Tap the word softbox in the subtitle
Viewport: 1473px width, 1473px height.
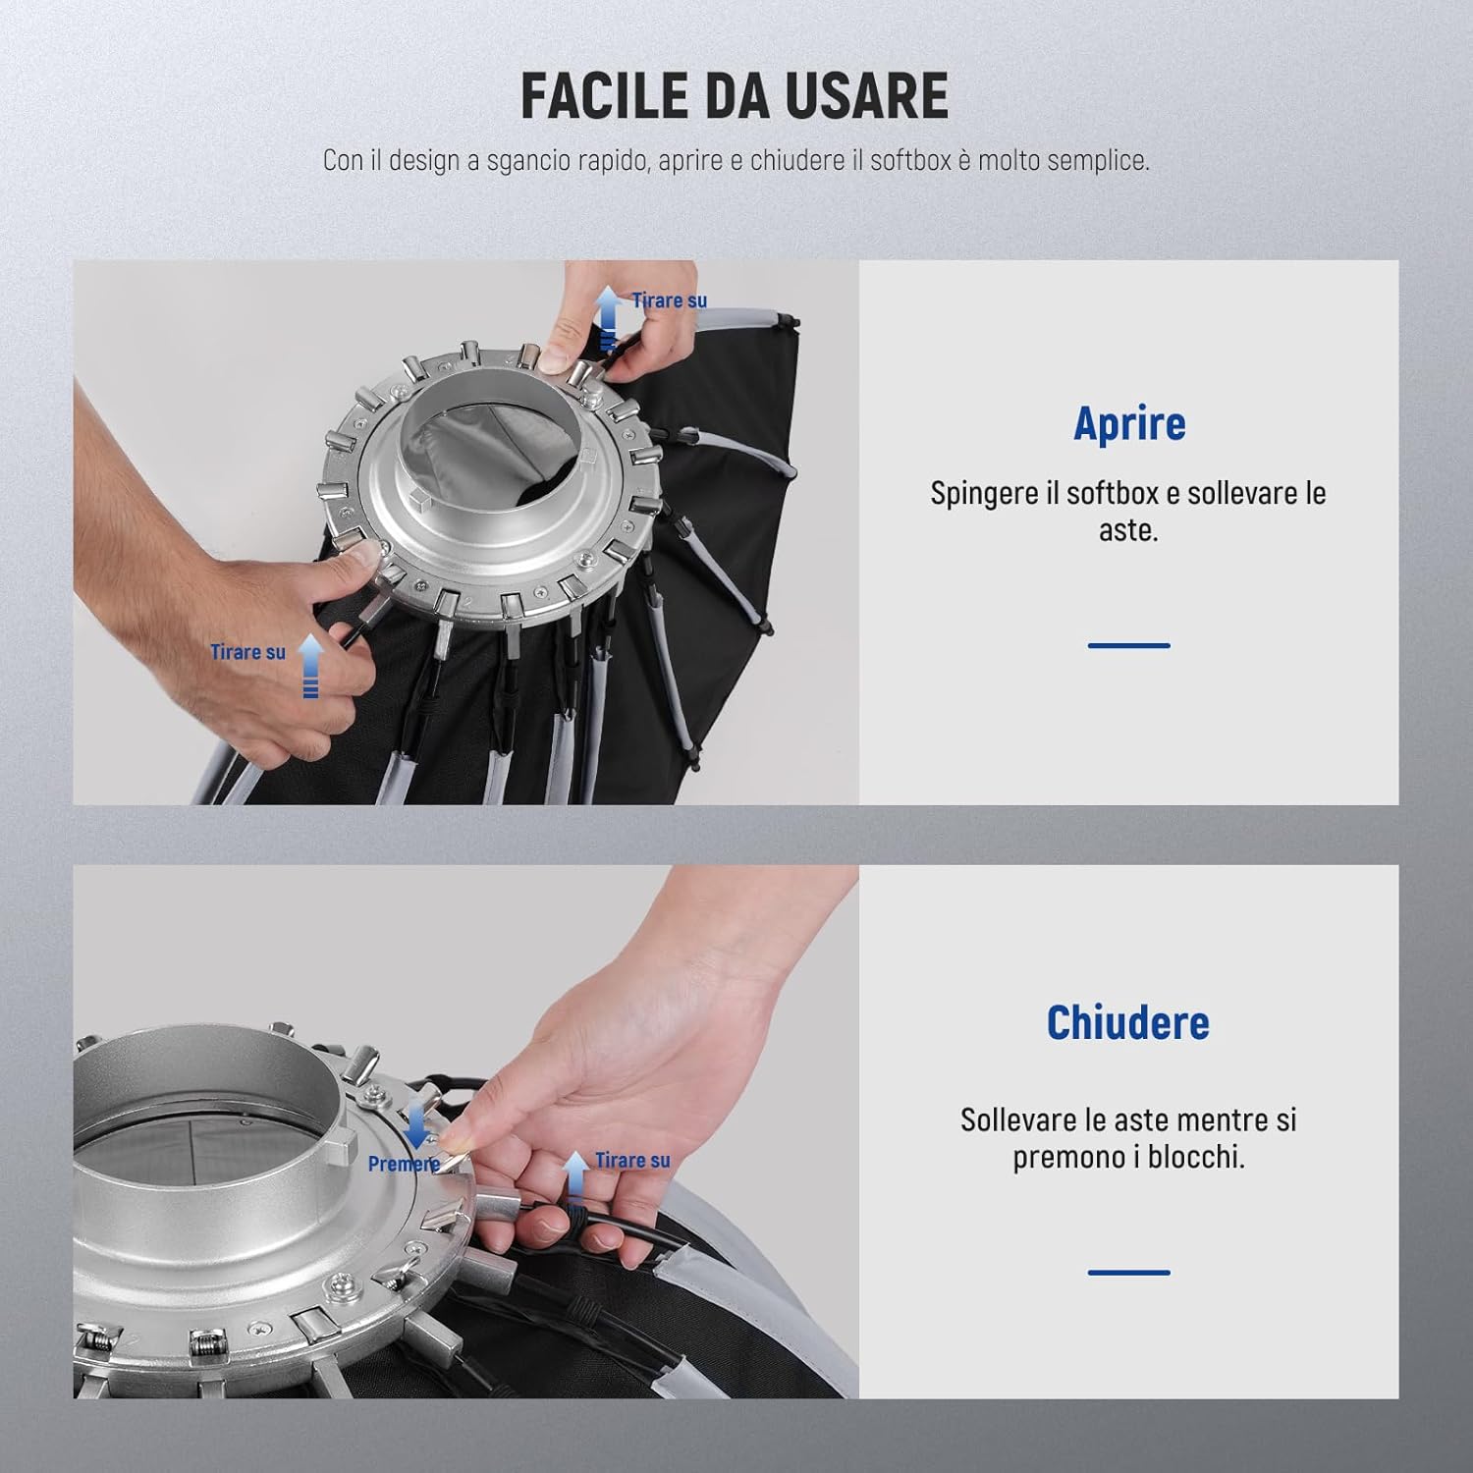click(910, 160)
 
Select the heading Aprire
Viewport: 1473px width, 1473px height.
click(1129, 423)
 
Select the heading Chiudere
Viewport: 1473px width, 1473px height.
click(1128, 1022)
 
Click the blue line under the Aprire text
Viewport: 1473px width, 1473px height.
click(1129, 645)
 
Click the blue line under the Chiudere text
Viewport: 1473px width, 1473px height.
click(1129, 1272)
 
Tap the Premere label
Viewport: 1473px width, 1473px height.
click(404, 1164)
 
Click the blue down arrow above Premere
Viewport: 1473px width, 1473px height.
click(416, 1125)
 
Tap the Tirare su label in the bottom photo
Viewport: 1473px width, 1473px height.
click(632, 1160)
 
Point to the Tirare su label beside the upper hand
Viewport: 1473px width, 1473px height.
click(669, 300)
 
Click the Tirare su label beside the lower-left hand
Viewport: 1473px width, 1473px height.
click(247, 652)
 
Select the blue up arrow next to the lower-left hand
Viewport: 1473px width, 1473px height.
click(310, 666)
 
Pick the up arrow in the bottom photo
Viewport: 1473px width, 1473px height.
click(575, 1176)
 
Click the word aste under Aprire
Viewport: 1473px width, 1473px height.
click(1128, 530)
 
